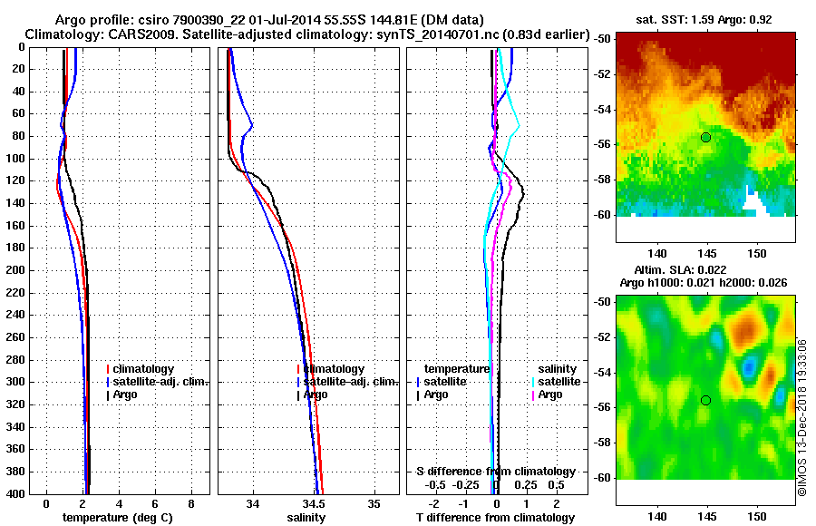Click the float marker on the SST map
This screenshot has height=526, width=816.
pyautogui.click(x=705, y=137)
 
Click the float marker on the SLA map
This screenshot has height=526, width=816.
pyautogui.click(x=705, y=400)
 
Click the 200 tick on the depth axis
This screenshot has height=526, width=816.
pyautogui.click(x=16, y=270)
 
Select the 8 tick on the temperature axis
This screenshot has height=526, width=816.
pyautogui.click(x=191, y=503)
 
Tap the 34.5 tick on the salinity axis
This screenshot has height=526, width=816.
pyautogui.click(x=314, y=503)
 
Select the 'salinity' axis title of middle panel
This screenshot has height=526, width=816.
pyautogui.click(x=307, y=518)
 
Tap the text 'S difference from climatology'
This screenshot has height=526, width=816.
pyautogui.click(x=496, y=472)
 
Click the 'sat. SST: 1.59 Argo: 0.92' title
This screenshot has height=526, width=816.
pyautogui.click(x=706, y=19)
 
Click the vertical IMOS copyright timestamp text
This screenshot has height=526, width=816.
pyautogui.click(x=802, y=417)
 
